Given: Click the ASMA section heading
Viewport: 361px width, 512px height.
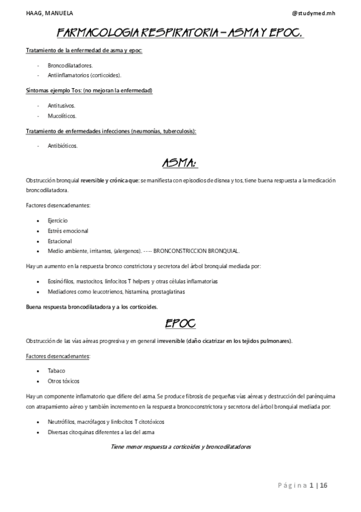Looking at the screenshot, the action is [x=180, y=164].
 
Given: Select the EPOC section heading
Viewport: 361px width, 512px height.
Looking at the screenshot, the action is [x=180, y=324].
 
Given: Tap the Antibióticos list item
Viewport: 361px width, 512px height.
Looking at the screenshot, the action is [x=63, y=146].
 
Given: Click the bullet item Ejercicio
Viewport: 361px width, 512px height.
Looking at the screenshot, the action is [x=58, y=220].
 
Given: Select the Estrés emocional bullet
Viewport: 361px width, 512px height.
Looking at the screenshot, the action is [x=68, y=231].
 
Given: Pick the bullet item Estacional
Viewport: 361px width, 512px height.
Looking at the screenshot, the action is [x=60, y=241].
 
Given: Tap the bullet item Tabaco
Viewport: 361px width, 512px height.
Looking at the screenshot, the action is [x=57, y=371].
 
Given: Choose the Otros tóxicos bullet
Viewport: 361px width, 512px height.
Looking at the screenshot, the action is [x=64, y=381].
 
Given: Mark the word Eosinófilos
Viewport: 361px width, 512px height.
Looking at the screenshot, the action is [x=62, y=281].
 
